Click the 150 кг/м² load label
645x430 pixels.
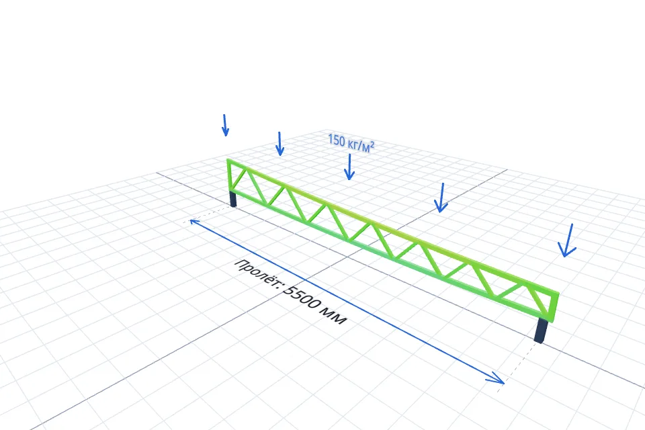pos(351,143)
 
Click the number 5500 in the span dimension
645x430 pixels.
pos(302,298)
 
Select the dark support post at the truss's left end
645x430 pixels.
pos(233,199)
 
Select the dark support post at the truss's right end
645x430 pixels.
pos(542,331)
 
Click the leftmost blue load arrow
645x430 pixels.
pos(225,125)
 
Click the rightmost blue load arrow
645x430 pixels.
pos(568,241)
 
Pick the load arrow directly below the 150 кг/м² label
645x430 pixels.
pos(349,167)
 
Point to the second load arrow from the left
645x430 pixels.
pos(279,144)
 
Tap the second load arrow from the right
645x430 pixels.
pos(441,198)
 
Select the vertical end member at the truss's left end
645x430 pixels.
pos(230,176)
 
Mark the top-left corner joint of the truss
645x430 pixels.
pos(229,161)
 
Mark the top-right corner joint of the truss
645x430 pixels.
pos(556,295)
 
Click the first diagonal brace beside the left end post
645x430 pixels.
pos(239,178)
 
